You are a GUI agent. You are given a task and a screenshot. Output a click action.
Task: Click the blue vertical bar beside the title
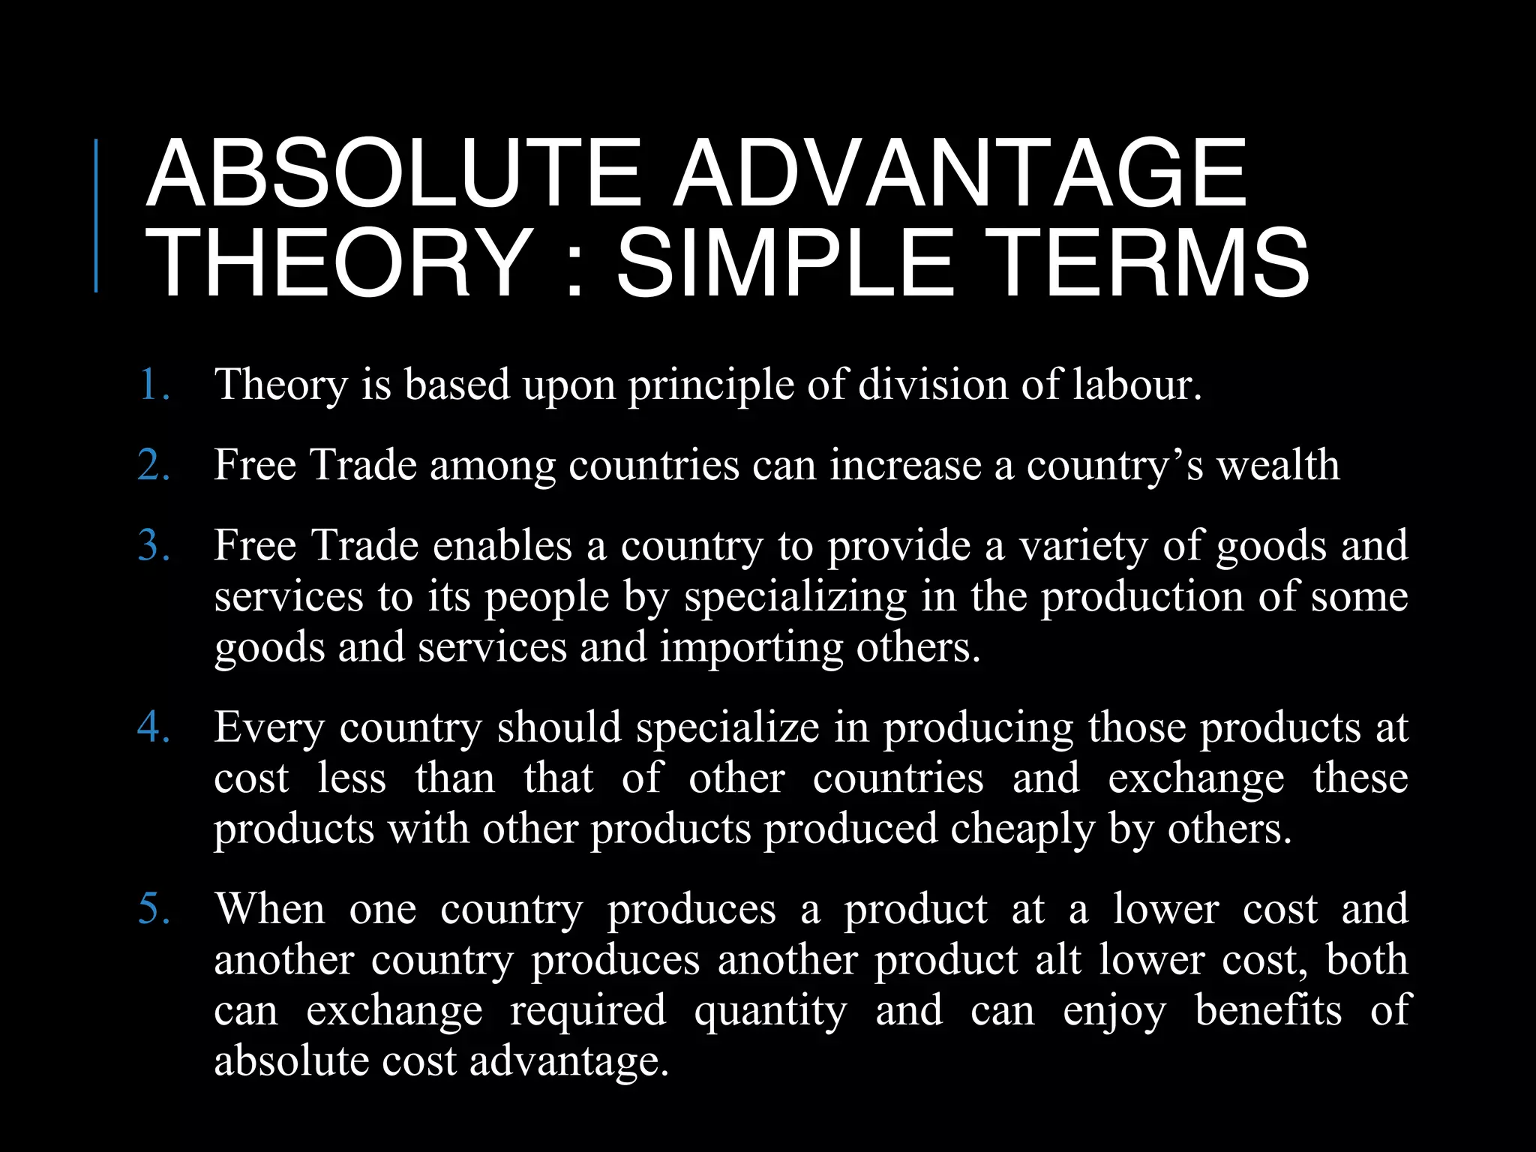(96, 215)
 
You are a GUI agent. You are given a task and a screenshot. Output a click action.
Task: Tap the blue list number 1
(154, 385)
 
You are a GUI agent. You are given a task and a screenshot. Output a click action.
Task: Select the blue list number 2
(154, 465)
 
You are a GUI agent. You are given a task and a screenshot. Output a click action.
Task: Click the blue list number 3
(154, 545)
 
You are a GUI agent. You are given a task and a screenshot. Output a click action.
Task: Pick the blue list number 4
(154, 727)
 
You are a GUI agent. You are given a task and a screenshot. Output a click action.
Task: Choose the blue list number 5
(154, 909)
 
